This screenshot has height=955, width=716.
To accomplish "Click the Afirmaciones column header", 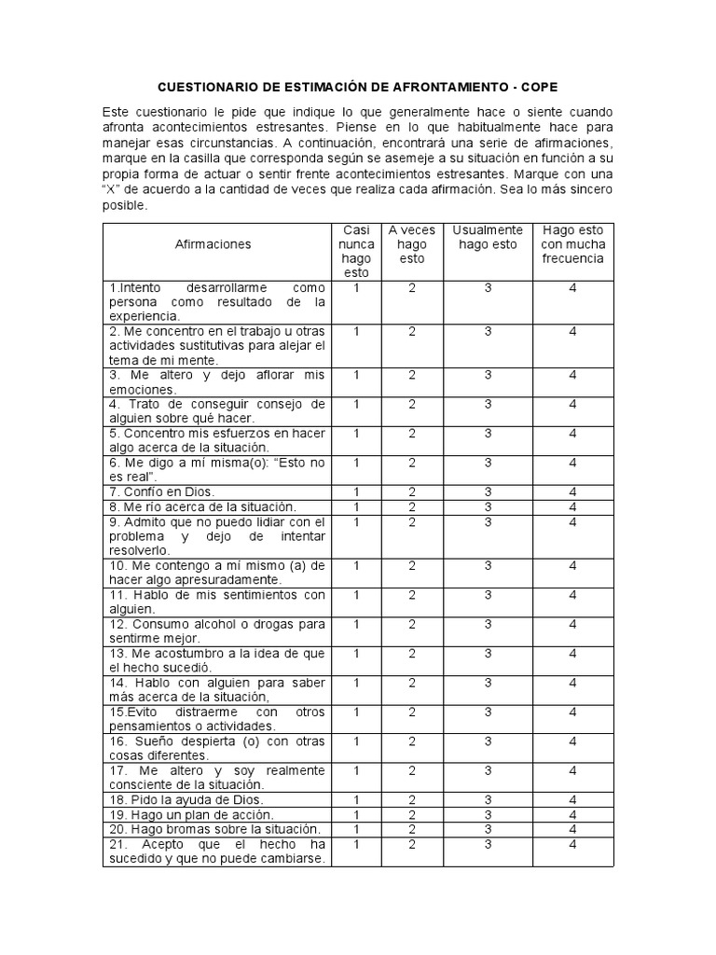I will tap(213, 243).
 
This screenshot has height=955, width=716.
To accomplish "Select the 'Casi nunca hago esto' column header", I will tap(356, 251).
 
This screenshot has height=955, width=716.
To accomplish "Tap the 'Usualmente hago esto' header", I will tap(488, 237).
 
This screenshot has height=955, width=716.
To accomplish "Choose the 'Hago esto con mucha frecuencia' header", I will tap(572, 244).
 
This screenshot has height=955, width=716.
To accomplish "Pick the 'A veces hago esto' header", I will tap(412, 244).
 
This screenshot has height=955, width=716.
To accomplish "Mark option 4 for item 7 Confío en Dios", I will tap(572, 491).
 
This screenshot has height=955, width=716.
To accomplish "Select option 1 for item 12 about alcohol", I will tap(356, 624).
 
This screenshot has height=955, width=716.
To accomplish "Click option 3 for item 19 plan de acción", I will tap(488, 814).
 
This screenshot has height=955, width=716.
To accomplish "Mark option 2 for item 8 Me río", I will tap(412, 506).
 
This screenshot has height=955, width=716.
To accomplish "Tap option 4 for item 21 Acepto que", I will tap(572, 844).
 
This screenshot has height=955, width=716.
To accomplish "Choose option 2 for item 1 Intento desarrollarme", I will tap(412, 288).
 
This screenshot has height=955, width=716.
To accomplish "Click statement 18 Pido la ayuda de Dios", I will tap(186, 800).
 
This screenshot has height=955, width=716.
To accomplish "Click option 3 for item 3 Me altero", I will tap(488, 375).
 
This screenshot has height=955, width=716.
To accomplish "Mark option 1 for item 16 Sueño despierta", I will tap(356, 741).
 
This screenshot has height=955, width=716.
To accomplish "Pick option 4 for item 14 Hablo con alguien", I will tap(572, 683).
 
